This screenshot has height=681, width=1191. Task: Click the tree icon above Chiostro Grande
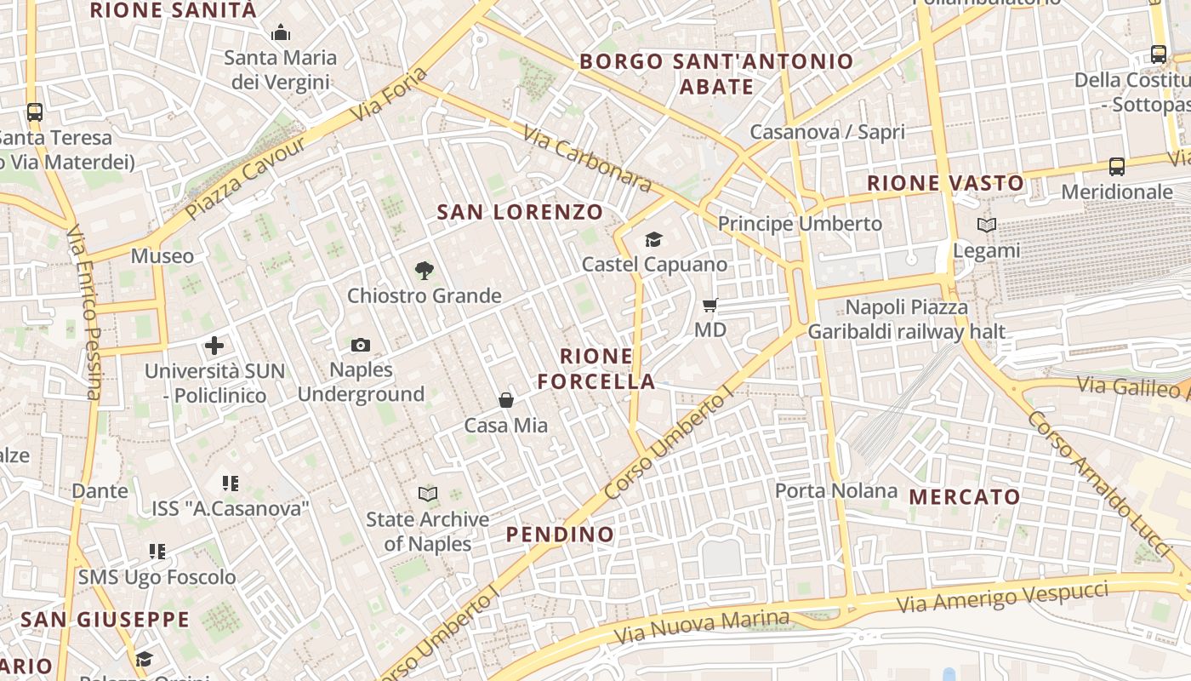pyautogui.click(x=424, y=271)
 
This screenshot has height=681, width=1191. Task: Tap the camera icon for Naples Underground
pyautogui.click(x=361, y=345)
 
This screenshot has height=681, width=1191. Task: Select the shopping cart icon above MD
pyautogui.click(x=710, y=305)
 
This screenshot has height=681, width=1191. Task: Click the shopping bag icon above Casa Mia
pyautogui.click(x=506, y=400)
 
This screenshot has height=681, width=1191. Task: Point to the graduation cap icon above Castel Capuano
pyautogui.click(x=653, y=240)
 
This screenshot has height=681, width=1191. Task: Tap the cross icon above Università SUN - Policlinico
pyautogui.click(x=214, y=346)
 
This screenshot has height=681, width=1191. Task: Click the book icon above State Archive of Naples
pyautogui.click(x=428, y=494)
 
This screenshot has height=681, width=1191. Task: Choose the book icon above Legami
pyautogui.click(x=987, y=226)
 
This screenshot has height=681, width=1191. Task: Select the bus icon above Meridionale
pyautogui.click(x=1117, y=167)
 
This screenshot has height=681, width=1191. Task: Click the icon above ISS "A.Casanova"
pyautogui.click(x=230, y=484)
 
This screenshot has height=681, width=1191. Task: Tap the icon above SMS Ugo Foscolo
pyautogui.click(x=157, y=552)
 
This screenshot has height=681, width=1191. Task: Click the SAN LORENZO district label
pyautogui.click(x=520, y=212)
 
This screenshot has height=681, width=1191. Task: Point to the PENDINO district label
pyautogui.click(x=560, y=535)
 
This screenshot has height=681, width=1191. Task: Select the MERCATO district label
pyautogui.click(x=965, y=496)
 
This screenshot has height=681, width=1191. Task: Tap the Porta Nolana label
pyautogui.click(x=836, y=490)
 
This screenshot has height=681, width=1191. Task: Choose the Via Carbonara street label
pyautogui.click(x=587, y=159)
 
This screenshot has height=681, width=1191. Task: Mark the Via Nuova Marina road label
pyautogui.click(x=702, y=627)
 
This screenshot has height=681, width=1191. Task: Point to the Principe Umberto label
pyautogui.click(x=800, y=224)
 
